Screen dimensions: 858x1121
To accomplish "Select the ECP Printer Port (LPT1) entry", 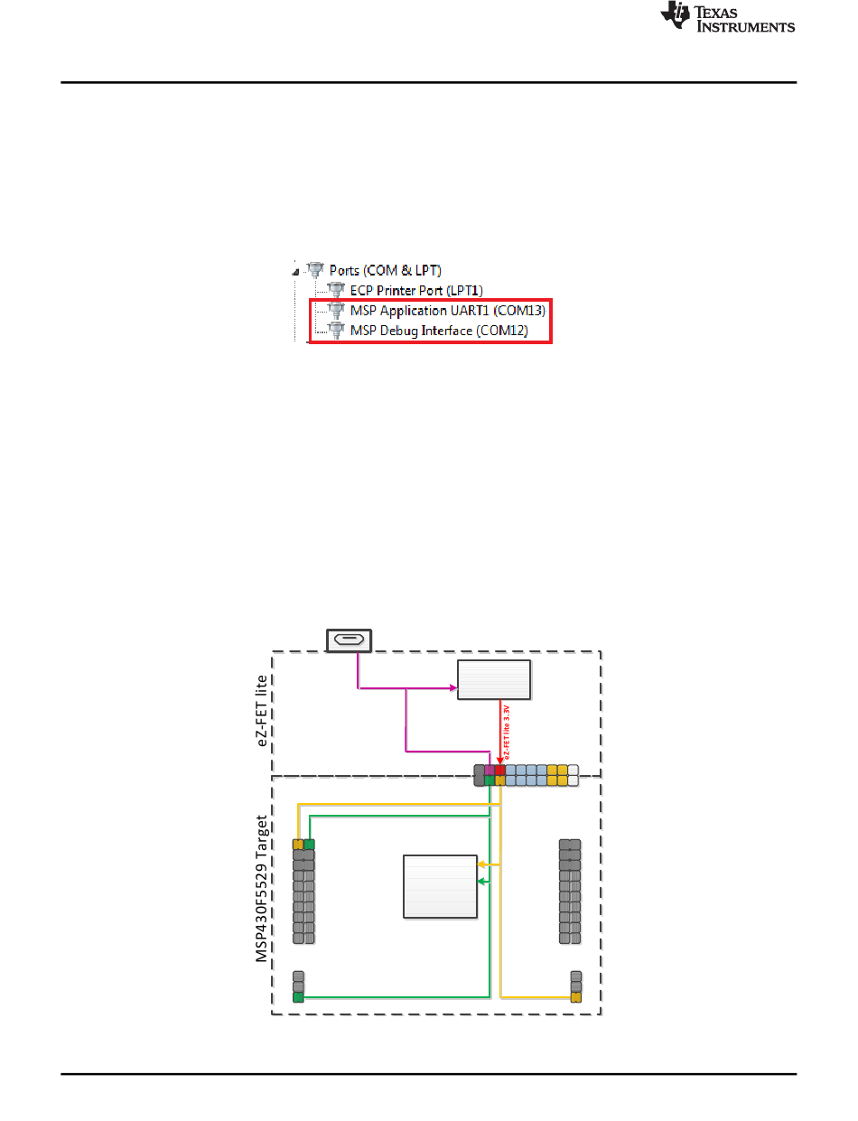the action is coord(416,290).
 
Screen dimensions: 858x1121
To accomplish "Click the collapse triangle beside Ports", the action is coord(295,269).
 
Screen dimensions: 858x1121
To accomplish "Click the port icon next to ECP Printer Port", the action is coord(336,290).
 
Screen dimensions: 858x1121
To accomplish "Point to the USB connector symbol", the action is coord(350,640).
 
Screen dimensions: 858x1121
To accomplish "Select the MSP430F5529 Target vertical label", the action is coord(261,890).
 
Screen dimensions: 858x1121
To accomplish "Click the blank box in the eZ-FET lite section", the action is coord(493,679).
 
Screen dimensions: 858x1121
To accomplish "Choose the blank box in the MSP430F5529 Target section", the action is coord(440,885).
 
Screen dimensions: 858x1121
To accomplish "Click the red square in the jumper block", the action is coord(500,771).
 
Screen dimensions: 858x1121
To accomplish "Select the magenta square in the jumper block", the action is coord(490,771).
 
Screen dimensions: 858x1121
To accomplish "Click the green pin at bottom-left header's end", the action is coord(299,997).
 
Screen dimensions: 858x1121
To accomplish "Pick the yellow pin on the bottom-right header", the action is coord(575,997).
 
